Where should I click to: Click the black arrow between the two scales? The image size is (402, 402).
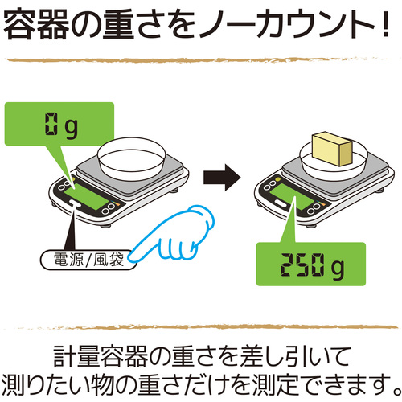pyautogui.click(x=222, y=178)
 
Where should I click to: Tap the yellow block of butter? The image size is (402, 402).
pyautogui.click(x=332, y=149)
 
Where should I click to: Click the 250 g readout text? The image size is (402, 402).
pyautogui.click(x=312, y=267)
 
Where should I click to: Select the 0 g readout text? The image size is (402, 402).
pyautogui.click(x=61, y=125)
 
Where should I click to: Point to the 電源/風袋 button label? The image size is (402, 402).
pyautogui.click(x=88, y=260)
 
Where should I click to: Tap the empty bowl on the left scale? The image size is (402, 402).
pyautogui.click(x=131, y=159)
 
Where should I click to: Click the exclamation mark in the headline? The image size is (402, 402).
pyautogui.click(x=386, y=24)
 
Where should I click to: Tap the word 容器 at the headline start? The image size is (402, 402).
pyautogui.click(x=35, y=25)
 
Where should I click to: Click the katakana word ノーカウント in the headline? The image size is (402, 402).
pyautogui.click(x=288, y=25)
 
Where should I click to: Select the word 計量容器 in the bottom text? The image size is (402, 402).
pyautogui.click(x=100, y=357)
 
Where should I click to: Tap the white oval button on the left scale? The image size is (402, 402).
pyautogui.click(x=75, y=203)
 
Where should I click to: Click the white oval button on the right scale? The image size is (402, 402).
pyautogui.click(x=281, y=203)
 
